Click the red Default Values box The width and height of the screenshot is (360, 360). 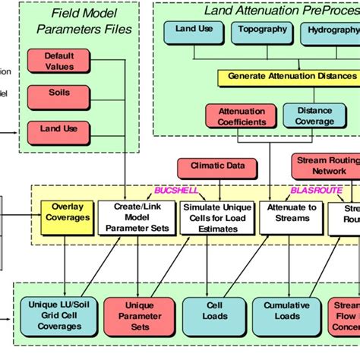pyautogui.click(x=59, y=61)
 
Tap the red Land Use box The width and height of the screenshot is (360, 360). pyautogui.click(x=59, y=129)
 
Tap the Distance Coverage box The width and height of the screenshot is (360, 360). pyautogui.click(x=314, y=116)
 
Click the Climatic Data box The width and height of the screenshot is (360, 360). pyautogui.click(x=207, y=166)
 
